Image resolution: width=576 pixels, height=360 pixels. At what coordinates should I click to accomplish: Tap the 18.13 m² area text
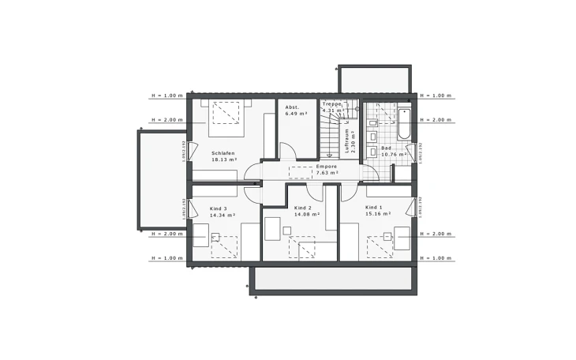pyautogui.click(x=225, y=159)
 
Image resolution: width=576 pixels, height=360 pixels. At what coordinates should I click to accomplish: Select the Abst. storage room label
pyautogui.click(x=294, y=106)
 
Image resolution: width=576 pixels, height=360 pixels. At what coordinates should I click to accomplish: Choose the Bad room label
pyautogui.click(x=387, y=148)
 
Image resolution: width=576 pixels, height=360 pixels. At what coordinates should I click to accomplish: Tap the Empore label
pyautogui.click(x=327, y=167)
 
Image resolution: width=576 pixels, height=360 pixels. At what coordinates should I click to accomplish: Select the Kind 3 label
pyautogui.click(x=219, y=208)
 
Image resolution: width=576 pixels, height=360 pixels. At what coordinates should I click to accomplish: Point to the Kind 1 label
pyautogui.click(x=373, y=207)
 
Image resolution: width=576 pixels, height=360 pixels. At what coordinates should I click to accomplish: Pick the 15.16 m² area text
pyautogui.click(x=376, y=213)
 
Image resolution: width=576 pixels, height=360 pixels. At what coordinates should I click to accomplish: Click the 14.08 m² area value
pyautogui.click(x=306, y=214)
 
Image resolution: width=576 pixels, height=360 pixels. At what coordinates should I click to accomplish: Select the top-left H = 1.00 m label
pyautogui.click(x=167, y=96)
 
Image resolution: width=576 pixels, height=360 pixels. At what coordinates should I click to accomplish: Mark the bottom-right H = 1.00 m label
pyautogui.click(x=436, y=258)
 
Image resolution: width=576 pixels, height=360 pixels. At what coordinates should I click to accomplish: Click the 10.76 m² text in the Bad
pyautogui.click(x=392, y=155)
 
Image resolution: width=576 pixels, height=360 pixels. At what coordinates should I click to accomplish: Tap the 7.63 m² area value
pyautogui.click(x=327, y=174)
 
